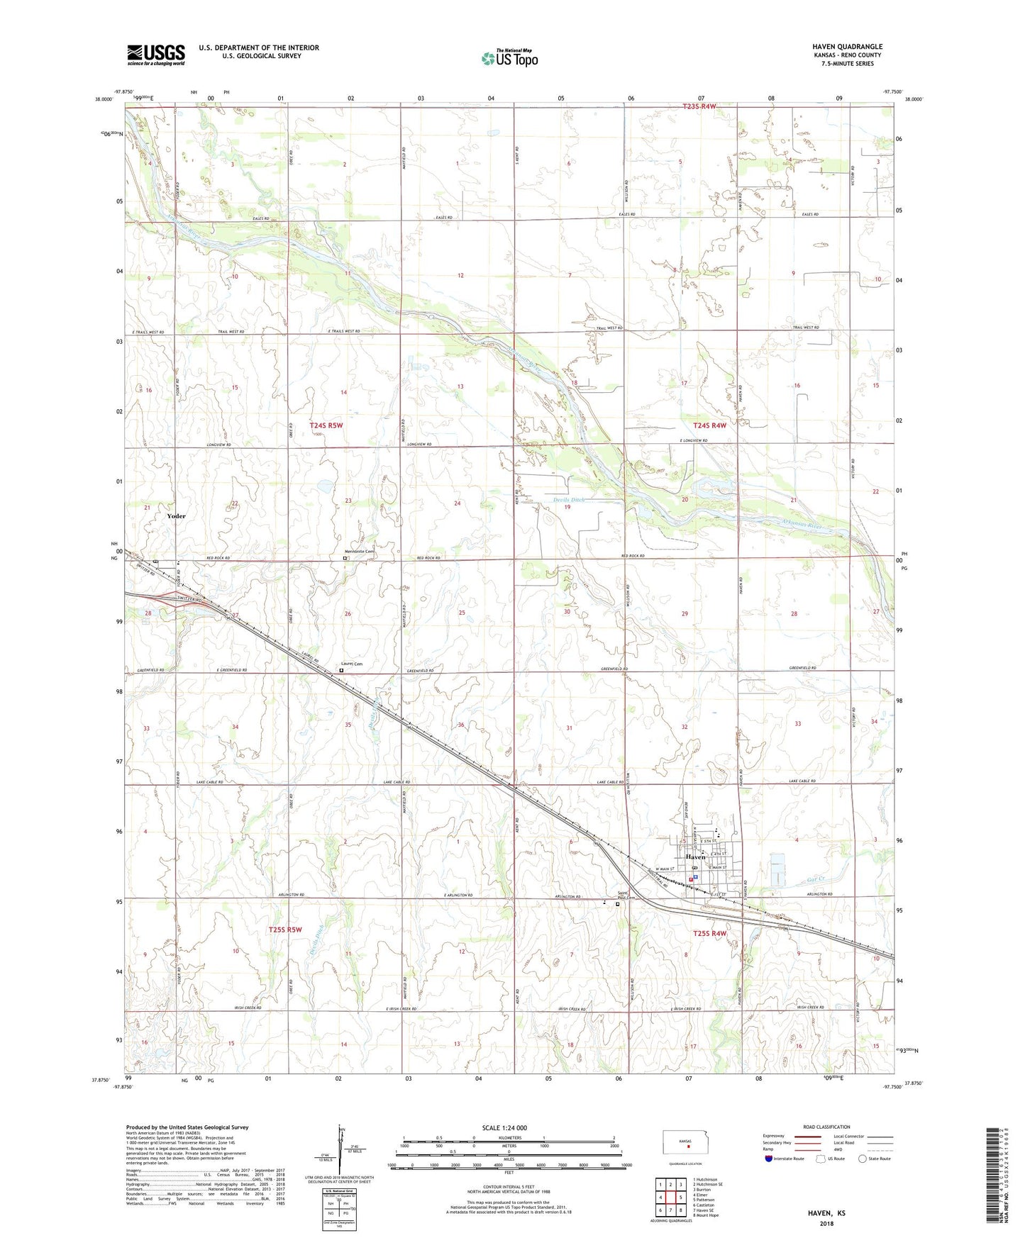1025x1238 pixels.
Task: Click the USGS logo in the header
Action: point(156,55)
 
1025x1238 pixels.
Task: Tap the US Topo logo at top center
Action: point(509,58)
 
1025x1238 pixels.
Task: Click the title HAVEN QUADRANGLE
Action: point(847,47)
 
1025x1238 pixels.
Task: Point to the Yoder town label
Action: point(176,516)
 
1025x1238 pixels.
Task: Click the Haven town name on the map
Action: point(695,857)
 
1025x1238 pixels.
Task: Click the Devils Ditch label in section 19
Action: point(569,500)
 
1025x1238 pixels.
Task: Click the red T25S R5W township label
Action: point(285,930)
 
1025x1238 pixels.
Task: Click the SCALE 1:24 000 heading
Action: point(504,1127)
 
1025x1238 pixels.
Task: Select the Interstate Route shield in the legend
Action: point(769,1159)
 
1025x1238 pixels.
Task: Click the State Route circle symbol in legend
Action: point(862,1159)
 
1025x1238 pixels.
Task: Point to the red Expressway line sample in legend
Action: point(807,1136)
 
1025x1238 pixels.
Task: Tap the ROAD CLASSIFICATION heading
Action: point(826,1127)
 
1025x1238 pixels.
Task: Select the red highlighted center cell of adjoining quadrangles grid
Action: point(670,1198)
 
